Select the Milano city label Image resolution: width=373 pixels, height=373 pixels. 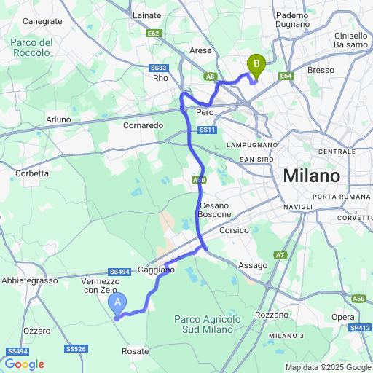tap(312, 176)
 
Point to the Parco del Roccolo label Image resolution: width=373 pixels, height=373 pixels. tap(32, 47)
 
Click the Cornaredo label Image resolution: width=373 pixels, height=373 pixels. tap(143, 125)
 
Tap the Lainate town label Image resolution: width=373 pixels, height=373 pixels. tap(148, 14)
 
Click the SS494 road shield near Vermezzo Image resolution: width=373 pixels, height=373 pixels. tap(119, 269)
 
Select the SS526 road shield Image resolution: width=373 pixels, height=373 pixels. tap(76, 350)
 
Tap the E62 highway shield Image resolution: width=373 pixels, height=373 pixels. tap(153, 34)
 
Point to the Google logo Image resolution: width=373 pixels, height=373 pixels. tap(23, 364)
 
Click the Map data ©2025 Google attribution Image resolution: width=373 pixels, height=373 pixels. tap(328, 367)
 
